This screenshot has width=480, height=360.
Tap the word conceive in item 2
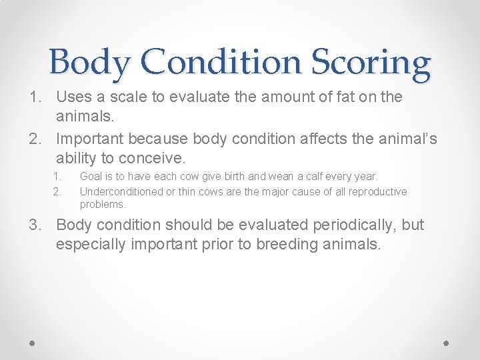pos(155,158)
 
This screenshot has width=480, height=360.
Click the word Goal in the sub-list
pos(91,177)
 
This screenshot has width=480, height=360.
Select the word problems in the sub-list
pos(102,205)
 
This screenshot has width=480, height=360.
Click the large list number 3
pos(33,225)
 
